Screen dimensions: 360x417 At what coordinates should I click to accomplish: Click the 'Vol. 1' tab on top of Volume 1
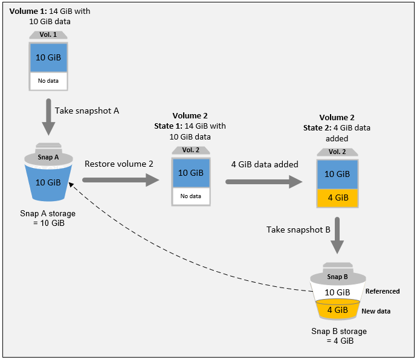tap(48, 35)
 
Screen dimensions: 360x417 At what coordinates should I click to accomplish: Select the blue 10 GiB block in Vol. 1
tap(48, 57)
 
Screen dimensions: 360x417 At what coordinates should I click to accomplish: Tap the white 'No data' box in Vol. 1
tap(48, 80)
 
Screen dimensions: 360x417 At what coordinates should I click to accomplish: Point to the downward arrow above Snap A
tap(48, 118)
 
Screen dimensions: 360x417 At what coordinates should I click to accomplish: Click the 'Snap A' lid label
tap(48, 156)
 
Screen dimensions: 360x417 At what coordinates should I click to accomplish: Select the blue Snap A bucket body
tap(48, 182)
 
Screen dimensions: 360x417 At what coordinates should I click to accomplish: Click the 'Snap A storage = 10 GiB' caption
tap(48, 219)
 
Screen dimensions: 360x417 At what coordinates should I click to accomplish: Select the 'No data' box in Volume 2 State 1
tap(191, 196)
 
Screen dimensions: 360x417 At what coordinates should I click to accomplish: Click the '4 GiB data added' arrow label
tap(265, 164)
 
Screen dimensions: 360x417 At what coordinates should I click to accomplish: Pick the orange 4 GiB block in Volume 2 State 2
tap(337, 198)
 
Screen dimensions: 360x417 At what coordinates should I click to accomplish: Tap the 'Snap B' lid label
tap(337, 277)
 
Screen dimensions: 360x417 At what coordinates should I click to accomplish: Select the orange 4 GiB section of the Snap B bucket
tap(337, 310)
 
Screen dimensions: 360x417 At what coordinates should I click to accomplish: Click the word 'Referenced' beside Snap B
tap(383, 291)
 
